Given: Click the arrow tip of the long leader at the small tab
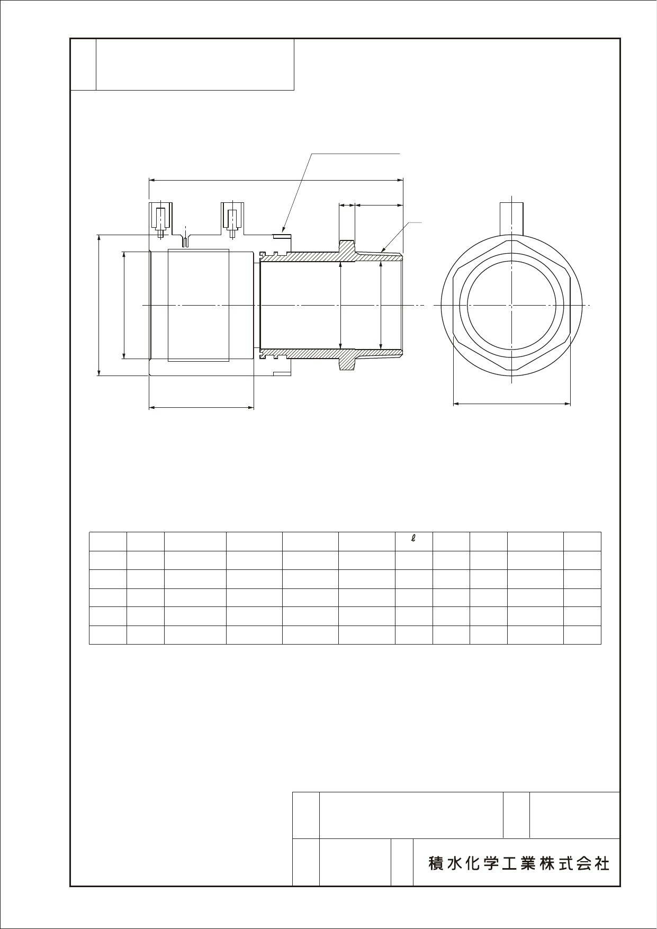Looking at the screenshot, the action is pos(283,233).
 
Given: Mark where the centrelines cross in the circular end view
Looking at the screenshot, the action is pos(512,305).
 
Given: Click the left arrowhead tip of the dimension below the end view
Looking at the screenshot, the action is pos(453,404).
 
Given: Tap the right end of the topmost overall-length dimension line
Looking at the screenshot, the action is pos(403,180).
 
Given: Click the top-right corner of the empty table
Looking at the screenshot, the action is pos(601,532).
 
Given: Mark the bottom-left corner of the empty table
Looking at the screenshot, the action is pos(89,644).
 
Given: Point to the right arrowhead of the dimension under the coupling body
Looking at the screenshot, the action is pos(254,407).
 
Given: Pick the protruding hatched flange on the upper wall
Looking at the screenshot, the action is pos(347,251).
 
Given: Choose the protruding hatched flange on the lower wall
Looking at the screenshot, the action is pos(347,360).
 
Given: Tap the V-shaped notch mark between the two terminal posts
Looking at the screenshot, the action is pos(185,242).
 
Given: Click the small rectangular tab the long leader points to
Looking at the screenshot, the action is pos(282,236).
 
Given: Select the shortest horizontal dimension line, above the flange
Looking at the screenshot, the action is pos(347,204).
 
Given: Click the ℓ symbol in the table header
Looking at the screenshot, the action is pos(413,538).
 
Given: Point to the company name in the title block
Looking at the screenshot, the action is pos(519,864).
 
